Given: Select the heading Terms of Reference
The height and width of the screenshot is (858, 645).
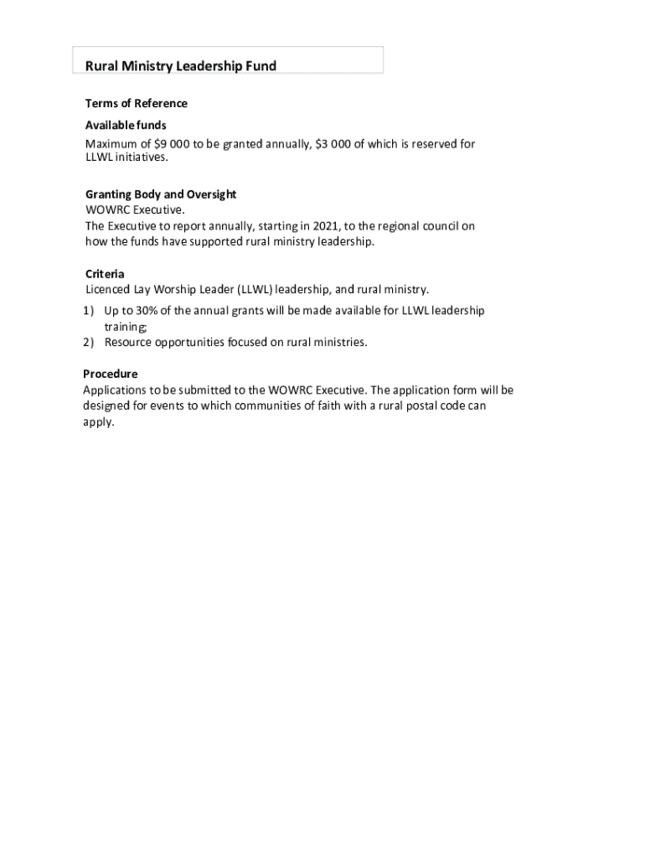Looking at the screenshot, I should [137, 103].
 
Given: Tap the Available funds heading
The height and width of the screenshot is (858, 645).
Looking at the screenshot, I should [126, 125].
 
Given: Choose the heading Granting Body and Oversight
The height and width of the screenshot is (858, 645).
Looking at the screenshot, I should [161, 194].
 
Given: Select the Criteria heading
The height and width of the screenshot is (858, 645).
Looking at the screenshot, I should [105, 274].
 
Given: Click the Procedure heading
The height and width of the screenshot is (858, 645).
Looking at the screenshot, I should [110, 374].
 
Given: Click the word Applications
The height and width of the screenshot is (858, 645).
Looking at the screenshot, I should [114, 390].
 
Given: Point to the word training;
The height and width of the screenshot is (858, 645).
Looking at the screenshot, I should [125, 327].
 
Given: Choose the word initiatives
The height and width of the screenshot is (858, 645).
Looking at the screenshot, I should [142, 157].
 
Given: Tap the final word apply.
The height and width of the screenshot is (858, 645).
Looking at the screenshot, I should [98, 422].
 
